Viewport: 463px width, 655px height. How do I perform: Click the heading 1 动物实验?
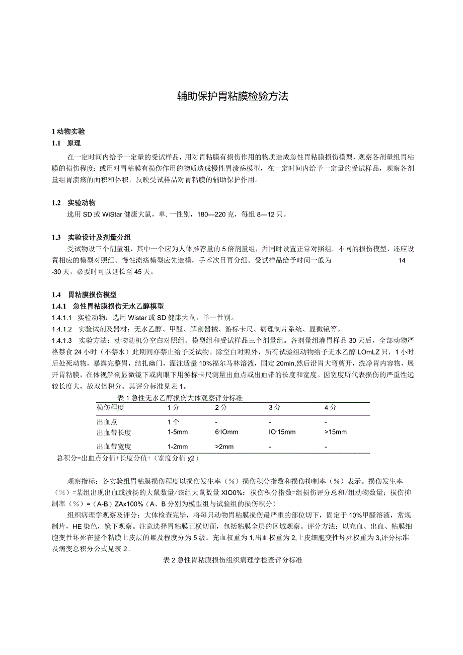pyautogui.click(x=68, y=132)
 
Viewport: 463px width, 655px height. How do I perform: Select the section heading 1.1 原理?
pyautogui.click(x=63, y=143)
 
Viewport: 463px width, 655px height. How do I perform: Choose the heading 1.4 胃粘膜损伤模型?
pyautogui.click(x=84, y=295)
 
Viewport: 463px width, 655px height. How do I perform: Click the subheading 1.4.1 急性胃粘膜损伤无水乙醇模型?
pyautogui.click(x=108, y=306)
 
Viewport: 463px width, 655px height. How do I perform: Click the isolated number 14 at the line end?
pyautogui.click(x=401, y=260)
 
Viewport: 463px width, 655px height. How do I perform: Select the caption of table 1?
pyautogui.click(x=180, y=398)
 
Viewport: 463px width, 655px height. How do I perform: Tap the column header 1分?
pyautogui.click(x=173, y=407)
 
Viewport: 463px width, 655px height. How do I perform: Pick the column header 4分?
pyautogui.click(x=330, y=407)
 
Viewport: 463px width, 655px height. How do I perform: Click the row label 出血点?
pyautogui.click(x=107, y=422)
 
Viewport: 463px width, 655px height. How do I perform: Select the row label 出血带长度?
pyautogui.click(x=114, y=432)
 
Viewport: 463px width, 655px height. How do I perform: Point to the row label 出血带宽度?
pyautogui.click(x=114, y=447)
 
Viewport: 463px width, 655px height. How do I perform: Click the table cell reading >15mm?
pyautogui.click(x=336, y=432)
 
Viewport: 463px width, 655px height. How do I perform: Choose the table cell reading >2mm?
pyautogui.click(x=224, y=447)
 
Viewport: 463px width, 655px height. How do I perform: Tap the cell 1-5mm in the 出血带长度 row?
pyautogui.click(x=178, y=432)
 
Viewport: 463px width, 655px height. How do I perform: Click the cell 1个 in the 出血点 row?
pyautogui.click(x=173, y=422)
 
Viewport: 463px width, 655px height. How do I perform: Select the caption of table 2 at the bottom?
pyautogui.click(x=233, y=560)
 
